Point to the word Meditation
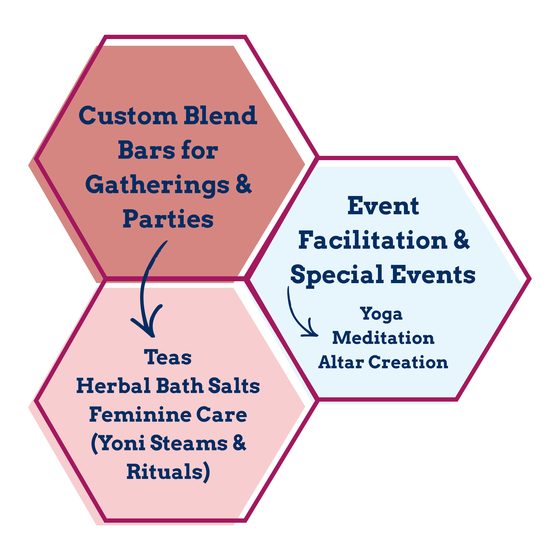pos(383,338)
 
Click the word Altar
pos(341,362)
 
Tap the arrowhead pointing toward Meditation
pos(313,333)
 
